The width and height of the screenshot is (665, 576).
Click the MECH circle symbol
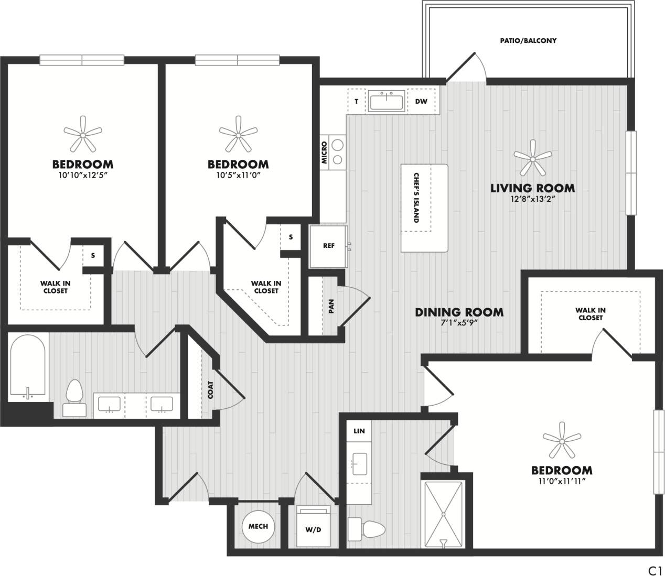pyautogui.click(x=258, y=526)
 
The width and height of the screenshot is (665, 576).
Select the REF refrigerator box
pyautogui.click(x=328, y=246)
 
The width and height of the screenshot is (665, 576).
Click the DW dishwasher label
pyautogui.click(x=421, y=102)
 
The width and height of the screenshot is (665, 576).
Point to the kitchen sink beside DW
pyautogui.click(x=387, y=101)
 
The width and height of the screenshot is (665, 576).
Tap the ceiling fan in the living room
pyautogui.click(x=533, y=158)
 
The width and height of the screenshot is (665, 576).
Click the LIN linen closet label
pyautogui.click(x=359, y=431)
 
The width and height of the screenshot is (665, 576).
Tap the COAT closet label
pyautogui.click(x=210, y=390)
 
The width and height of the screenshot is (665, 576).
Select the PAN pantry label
pyautogui.click(x=331, y=306)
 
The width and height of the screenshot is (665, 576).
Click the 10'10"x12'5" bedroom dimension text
pyautogui.click(x=83, y=176)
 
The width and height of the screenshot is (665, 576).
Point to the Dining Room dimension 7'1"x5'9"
pyautogui.click(x=459, y=323)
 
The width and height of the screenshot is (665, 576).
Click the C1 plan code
pyautogui.click(x=655, y=570)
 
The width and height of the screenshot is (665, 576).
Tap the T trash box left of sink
pyautogui.click(x=357, y=102)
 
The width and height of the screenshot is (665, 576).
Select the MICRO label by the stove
pyautogui.click(x=325, y=153)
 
